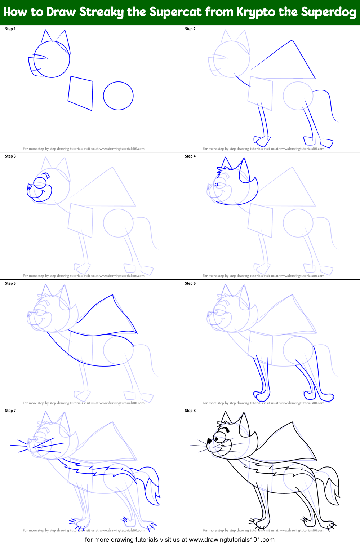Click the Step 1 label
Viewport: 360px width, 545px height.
pos(10,29)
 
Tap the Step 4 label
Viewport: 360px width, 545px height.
pos(190,156)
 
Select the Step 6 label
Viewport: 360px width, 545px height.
pos(190,283)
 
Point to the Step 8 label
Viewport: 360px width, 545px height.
pos(190,411)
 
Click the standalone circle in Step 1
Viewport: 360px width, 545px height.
pos(118,96)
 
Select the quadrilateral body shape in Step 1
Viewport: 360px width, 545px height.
pos(81,93)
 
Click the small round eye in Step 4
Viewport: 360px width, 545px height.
pos(217,185)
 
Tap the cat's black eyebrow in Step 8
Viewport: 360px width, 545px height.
pos(225,429)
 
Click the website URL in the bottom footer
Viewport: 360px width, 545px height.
pos(231,540)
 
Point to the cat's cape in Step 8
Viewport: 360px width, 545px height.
pos(288,443)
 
